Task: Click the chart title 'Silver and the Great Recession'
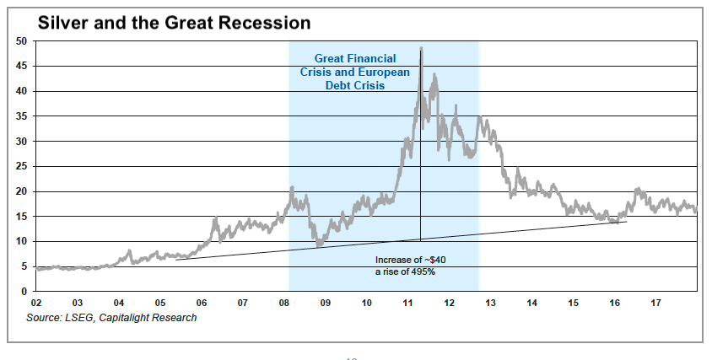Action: (174, 23)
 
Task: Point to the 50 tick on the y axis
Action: (23, 41)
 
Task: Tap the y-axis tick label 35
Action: (23, 116)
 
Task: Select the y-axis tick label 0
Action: (25, 292)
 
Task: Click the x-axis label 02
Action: (36, 303)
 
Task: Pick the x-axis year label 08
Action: (283, 303)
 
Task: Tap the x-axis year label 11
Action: (407, 303)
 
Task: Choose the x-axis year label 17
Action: (655, 303)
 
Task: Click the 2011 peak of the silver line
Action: (421, 48)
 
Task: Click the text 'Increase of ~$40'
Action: (411, 261)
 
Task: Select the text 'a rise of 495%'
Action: (405, 272)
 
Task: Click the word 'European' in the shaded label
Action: (384, 73)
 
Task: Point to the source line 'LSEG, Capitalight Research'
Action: (131, 318)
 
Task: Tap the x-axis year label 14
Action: (531, 303)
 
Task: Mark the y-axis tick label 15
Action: (23, 217)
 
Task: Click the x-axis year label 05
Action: (159, 303)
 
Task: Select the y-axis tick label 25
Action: (23, 167)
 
